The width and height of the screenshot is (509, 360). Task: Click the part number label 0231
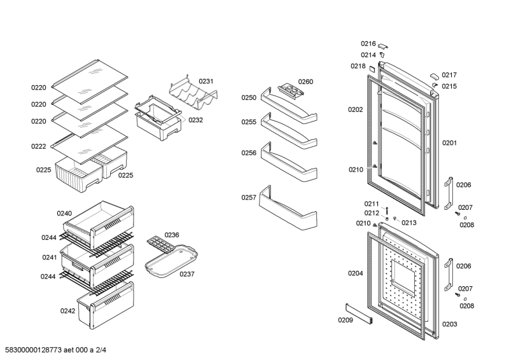(x=206, y=81)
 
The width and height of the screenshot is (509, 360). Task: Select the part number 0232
(x=195, y=120)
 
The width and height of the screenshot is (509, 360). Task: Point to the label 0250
(x=248, y=97)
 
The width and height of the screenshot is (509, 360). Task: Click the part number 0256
(x=248, y=153)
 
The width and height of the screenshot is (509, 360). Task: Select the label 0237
(x=186, y=274)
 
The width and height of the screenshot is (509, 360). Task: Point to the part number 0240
(x=64, y=213)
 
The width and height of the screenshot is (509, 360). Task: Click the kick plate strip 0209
(x=359, y=315)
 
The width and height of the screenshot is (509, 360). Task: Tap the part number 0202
(x=355, y=109)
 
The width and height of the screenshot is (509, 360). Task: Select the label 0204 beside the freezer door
(x=355, y=273)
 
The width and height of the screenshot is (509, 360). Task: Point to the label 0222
(x=39, y=146)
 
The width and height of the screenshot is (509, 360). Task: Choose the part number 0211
(x=372, y=204)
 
